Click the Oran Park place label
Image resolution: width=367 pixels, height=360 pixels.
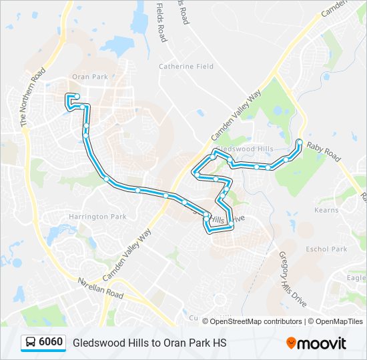(89, 77)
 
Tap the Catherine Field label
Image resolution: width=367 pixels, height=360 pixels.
(186, 67)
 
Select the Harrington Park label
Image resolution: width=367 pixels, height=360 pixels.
(97, 217)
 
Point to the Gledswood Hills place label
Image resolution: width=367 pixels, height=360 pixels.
(246, 148)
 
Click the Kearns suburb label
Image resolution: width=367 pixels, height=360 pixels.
(326, 210)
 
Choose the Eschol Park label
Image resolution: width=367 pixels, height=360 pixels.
(326, 249)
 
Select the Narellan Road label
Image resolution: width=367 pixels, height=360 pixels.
(100, 287)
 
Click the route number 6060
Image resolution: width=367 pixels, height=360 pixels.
(51, 343)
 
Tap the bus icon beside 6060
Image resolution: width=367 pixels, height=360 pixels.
(31, 343)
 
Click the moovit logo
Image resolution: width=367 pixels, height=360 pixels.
(316, 343)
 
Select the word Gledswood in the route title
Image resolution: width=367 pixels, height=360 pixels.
(97, 343)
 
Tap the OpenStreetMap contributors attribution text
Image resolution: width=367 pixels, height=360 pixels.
(256, 321)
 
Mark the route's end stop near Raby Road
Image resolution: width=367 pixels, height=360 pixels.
(300, 142)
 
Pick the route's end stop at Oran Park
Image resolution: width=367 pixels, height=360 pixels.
(76, 97)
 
